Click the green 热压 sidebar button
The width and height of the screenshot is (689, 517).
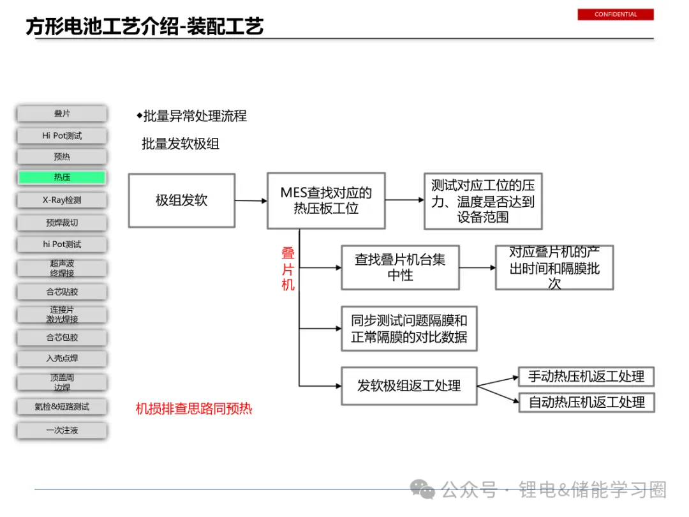[62, 177]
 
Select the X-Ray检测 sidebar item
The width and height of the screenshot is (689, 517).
[62, 200]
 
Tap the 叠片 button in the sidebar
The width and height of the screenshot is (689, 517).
[62, 114]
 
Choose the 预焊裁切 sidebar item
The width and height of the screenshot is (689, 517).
[62, 223]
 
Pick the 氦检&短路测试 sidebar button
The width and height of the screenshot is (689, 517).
[62, 407]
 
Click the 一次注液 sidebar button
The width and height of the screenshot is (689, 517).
[62, 430]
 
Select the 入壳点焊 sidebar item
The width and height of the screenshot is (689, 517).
[62, 359]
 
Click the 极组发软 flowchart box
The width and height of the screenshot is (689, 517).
[182, 200]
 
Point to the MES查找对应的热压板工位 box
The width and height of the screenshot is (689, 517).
[326, 200]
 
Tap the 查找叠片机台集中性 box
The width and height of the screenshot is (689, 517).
[400, 267]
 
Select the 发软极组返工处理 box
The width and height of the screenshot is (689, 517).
[409, 386]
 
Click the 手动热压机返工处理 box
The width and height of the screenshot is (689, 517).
[586, 377]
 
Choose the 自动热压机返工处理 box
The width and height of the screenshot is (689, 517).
[586, 402]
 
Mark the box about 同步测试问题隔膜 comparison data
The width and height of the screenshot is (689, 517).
[409, 329]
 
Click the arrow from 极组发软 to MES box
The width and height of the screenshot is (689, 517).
[251, 200]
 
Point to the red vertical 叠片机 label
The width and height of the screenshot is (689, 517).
[288, 269]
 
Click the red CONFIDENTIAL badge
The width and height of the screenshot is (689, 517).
[616, 14]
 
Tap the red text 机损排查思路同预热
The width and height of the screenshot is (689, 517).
[194, 408]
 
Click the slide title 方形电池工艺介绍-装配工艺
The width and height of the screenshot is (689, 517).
[145, 26]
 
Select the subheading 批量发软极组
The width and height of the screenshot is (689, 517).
[181, 144]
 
